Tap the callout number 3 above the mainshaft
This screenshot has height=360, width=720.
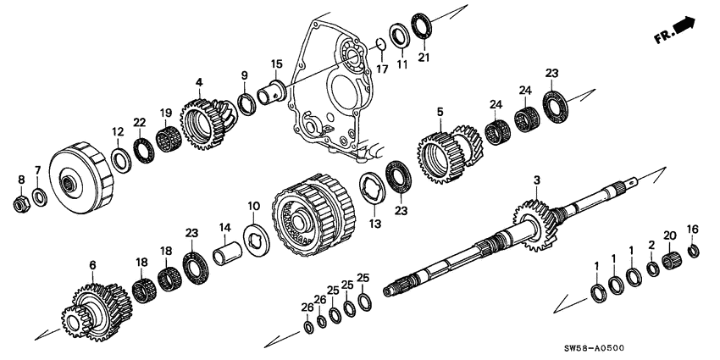point(537,180)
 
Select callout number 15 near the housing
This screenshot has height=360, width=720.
point(276,64)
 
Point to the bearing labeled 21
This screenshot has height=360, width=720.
point(422,25)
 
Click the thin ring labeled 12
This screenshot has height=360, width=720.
point(120,158)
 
